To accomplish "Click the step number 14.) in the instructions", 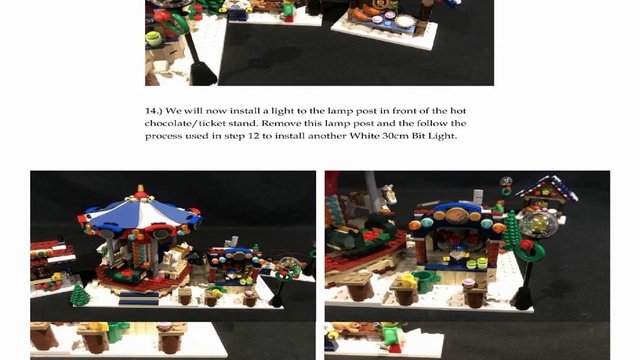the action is (x=153, y=111).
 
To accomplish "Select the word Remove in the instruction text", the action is (x=280, y=123).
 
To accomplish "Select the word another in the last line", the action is (x=327, y=136).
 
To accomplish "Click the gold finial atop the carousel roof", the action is (x=141, y=189).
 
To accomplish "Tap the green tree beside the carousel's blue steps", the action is (x=80, y=295).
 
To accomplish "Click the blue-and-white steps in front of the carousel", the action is (x=138, y=298).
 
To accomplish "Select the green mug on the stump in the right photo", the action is (x=427, y=283).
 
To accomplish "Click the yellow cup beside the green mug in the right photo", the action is (x=408, y=281).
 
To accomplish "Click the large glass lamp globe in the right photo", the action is (x=539, y=224).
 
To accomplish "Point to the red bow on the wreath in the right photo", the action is (x=526, y=245).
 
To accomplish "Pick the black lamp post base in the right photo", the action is (x=522, y=299).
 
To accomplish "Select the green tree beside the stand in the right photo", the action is (x=512, y=231).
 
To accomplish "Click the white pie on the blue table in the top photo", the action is (x=404, y=21).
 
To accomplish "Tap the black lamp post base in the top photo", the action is (x=202, y=74).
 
